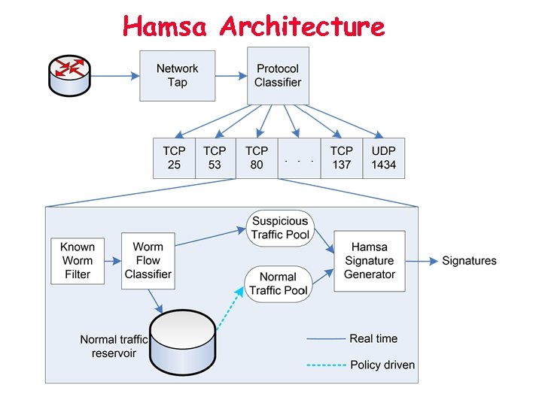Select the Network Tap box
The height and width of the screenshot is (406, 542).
pyautogui.click(x=177, y=75)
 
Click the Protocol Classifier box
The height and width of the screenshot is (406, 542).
pyautogui.click(x=278, y=75)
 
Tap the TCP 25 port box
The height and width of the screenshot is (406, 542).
pyautogui.click(x=174, y=158)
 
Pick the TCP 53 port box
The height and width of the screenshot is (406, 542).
pyautogui.click(x=215, y=158)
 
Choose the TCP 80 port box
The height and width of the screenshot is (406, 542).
pyautogui.click(x=257, y=158)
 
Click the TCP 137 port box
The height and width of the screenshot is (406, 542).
pyautogui.click(x=341, y=158)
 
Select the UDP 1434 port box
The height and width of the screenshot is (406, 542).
pyautogui.click(x=383, y=158)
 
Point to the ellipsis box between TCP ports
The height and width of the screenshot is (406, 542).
pyautogui.click(x=299, y=159)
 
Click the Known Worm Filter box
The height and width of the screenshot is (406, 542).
pyautogui.click(x=78, y=260)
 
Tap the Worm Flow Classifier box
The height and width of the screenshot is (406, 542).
pyautogui.click(x=148, y=260)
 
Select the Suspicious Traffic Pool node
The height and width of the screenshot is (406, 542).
pyautogui.click(x=280, y=228)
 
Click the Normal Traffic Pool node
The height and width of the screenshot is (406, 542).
pyautogui.click(x=278, y=283)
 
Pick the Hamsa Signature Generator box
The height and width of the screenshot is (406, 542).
pyautogui.click(x=369, y=261)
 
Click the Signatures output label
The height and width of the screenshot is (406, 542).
pyautogui.click(x=469, y=261)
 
